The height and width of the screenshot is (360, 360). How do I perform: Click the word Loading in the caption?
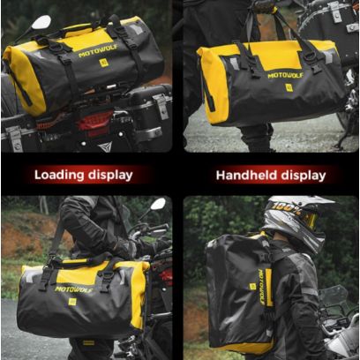click(59, 175)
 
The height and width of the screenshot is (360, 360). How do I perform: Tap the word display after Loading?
click(110, 176)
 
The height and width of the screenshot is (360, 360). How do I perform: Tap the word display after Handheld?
click(304, 176)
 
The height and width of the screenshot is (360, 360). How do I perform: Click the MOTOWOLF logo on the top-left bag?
click(98, 50)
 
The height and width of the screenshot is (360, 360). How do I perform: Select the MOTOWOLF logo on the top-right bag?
click(285, 75)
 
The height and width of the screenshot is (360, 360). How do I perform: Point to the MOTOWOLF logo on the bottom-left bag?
click(74, 289)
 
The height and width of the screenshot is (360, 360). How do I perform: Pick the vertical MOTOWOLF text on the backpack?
click(261, 287)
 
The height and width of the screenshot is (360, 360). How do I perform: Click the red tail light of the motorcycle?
click(94, 122)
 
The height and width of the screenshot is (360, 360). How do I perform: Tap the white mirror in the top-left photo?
click(41, 22)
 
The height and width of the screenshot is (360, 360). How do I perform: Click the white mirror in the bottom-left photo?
click(158, 204)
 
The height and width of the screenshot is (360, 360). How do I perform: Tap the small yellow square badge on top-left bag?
click(103, 63)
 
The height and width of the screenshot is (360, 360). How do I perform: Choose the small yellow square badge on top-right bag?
click(289, 87)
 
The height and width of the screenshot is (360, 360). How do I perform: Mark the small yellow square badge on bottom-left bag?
click(72, 302)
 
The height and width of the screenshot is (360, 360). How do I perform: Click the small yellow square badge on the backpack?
click(252, 287)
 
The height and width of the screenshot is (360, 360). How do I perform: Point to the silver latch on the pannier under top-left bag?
click(161, 106)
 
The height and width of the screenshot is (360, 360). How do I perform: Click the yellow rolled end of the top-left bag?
click(24, 79)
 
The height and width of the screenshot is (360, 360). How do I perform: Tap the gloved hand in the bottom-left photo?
click(127, 248)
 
